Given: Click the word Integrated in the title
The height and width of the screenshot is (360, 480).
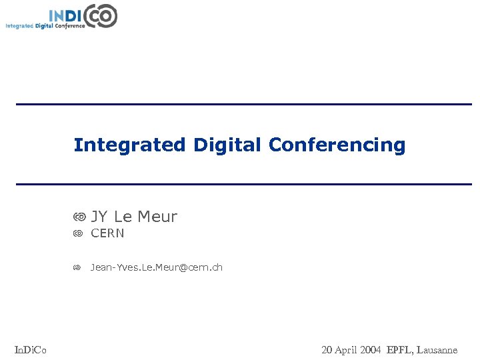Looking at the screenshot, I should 129,145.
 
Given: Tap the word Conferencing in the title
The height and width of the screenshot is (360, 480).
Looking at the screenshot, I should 337,145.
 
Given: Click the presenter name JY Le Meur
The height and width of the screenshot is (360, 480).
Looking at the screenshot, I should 134,217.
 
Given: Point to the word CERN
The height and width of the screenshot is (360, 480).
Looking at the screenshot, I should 107,233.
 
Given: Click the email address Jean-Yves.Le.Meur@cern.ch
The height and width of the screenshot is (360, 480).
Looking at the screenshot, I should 157,267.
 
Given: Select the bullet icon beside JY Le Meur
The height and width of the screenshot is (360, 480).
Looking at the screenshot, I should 79,217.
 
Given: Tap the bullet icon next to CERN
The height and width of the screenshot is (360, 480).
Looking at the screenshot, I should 78,233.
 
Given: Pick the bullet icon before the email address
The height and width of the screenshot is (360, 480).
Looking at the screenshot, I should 77,267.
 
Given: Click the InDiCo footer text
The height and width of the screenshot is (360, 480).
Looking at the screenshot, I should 31,349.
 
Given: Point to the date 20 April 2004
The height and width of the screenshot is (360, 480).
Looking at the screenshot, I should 351,349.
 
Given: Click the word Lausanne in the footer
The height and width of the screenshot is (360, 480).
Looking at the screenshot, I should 436,349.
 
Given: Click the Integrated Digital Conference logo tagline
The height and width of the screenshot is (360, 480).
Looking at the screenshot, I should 45,26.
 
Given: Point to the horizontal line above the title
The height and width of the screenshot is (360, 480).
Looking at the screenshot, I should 243,104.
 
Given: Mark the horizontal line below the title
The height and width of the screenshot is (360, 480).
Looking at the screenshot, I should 243,184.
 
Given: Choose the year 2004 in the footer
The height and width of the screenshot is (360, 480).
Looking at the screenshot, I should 371,349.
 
